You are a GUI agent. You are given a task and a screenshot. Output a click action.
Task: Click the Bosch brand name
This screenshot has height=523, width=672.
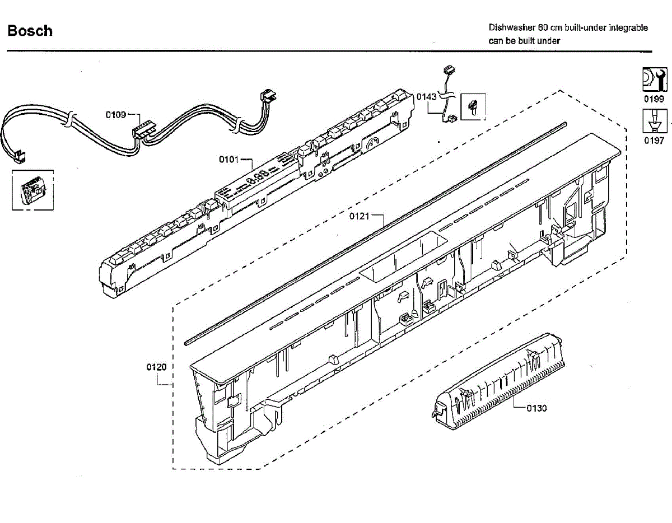[30, 31]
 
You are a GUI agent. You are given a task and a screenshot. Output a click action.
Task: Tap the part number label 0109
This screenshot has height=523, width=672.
[116, 115]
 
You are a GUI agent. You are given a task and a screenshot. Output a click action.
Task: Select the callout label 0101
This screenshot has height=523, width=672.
[229, 160]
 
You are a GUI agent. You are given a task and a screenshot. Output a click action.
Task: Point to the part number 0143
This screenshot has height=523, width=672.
[426, 97]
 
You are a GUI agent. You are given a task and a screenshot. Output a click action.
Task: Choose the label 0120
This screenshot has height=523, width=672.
[157, 367]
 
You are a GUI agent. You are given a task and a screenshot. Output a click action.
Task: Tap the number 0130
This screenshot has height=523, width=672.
[536, 408]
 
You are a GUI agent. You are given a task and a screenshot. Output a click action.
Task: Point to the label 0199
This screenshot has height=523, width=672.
[654, 99]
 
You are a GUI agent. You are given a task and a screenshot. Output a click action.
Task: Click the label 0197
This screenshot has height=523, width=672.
[654, 141]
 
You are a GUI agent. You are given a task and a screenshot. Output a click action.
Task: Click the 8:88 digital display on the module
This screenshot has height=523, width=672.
[257, 178]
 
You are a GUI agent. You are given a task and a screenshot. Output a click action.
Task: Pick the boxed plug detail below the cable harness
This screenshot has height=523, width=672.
[33, 191]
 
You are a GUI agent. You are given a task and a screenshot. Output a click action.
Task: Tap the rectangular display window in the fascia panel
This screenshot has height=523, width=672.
[403, 258]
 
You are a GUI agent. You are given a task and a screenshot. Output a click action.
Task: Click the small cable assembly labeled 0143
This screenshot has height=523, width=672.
[447, 95]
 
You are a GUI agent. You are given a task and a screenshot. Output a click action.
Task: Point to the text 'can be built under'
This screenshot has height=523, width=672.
[524, 41]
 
